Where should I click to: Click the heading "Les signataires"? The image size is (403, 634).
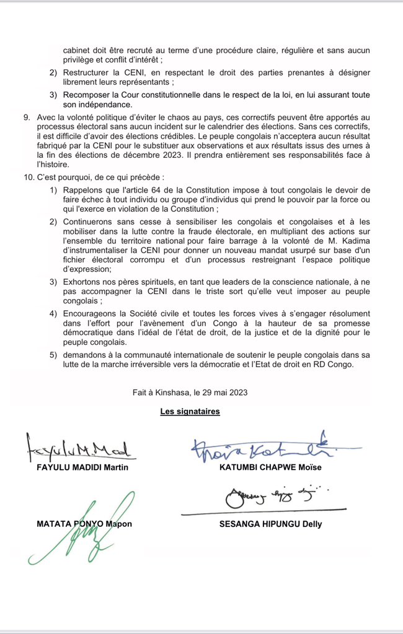(x=190, y=411)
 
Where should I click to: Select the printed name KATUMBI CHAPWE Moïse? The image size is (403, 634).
(x=270, y=467)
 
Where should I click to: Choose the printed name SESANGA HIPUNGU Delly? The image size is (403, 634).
(x=270, y=524)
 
